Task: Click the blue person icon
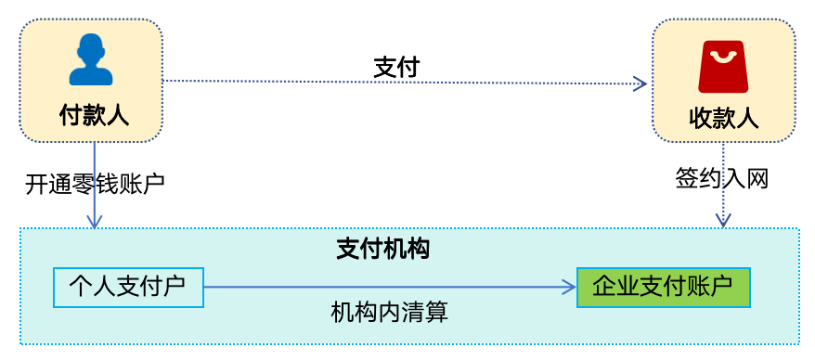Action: coord(91,60)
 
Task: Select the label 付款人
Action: coord(93,115)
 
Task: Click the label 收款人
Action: coord(724,119)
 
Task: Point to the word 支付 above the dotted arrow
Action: coord(396,67)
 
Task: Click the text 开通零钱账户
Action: coord(95,183)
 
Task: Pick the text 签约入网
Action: coord(723,178)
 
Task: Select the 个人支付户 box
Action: coord(127,288)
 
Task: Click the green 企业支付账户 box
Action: coord(663,288)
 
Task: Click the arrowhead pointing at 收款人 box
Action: coord(640,84)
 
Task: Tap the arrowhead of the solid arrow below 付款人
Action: coord(94,222)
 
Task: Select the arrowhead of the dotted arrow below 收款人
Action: coord(724,222)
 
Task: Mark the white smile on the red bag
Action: coord(723,58)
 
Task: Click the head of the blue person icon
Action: coord(91,47)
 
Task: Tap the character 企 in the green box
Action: coord(602,287)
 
